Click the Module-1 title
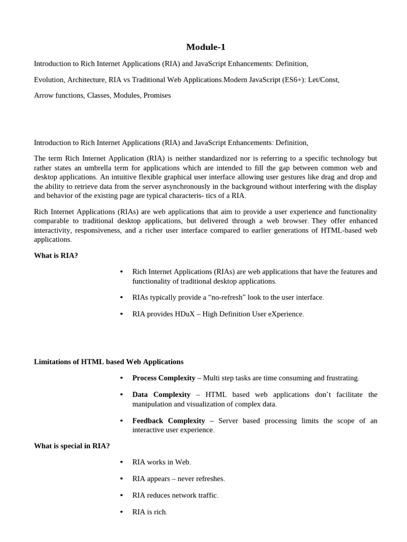(x=206, y=47)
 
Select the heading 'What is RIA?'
(x=56, y=256)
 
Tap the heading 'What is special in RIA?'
(x=72, y=446)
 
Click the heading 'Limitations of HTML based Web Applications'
(x=109, y=362)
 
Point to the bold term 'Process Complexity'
(x=163, y=378)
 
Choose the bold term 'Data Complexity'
(x=161, y=394)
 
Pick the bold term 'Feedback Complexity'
(x=169, y=421)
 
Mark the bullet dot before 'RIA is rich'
(x=121, y=512)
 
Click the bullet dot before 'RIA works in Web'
(x=121, y=462)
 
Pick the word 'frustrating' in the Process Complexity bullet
(x=341, y=378)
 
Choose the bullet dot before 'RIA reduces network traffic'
(x=121, y=495)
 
